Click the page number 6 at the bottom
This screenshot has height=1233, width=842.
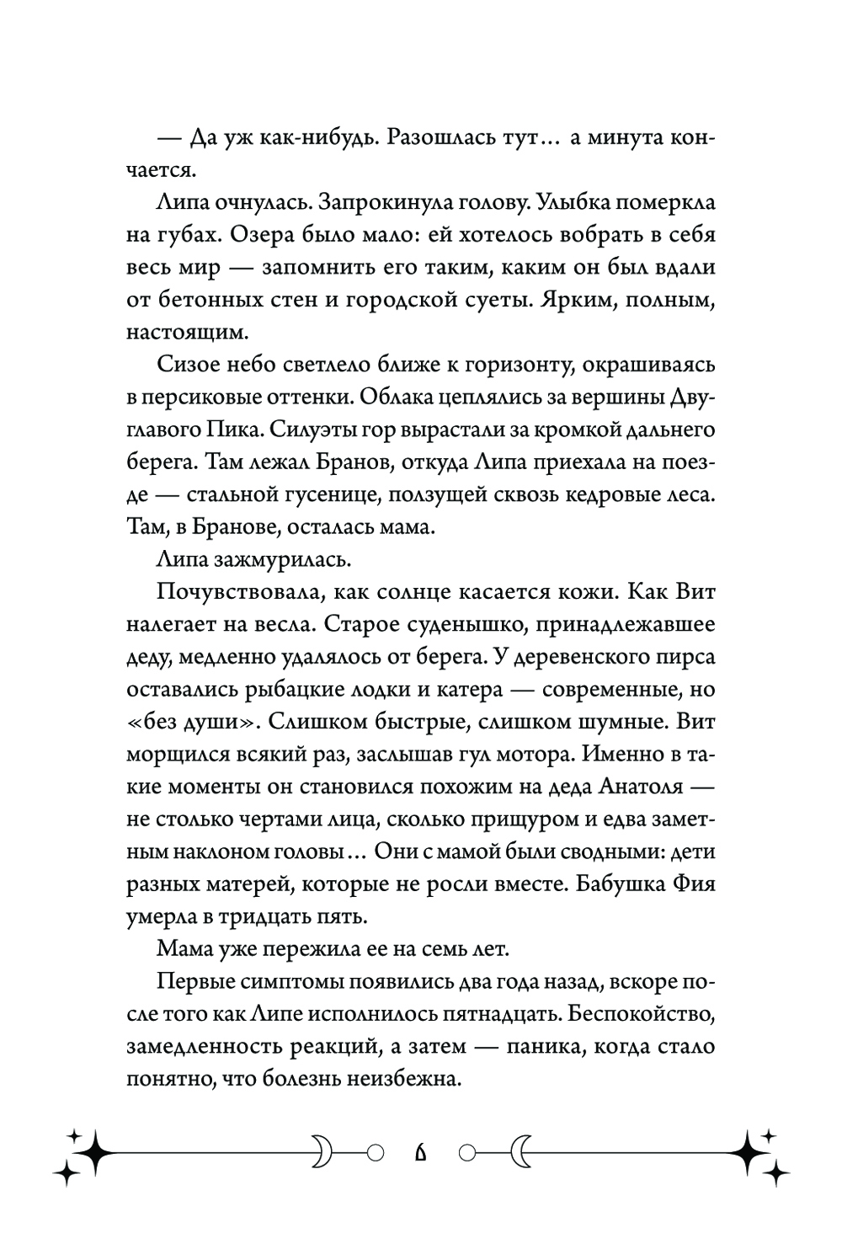pos(421,1151)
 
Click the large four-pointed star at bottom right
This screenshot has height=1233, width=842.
pos(749,1150)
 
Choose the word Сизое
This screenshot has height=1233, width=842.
pos(187,366)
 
